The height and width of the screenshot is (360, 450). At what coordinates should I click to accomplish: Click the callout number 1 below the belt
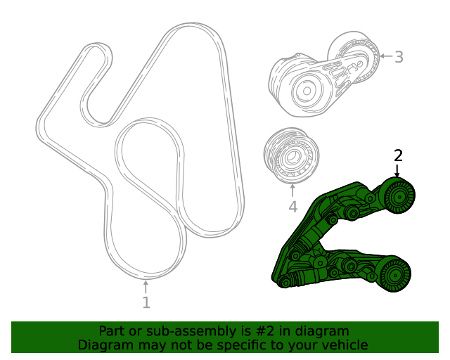click(x=146, y=302)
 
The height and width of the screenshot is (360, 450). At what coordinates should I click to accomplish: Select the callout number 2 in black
click(x=398, y=155)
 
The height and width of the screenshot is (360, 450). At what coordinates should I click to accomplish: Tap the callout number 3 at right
click(x=399, y=57)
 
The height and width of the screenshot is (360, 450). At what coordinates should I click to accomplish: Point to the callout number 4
click(x=292, y=207)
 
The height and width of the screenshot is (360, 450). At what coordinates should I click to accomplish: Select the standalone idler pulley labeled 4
click(x=291, y=157)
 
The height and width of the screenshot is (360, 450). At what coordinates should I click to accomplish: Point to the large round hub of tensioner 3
click(x=306, y=90)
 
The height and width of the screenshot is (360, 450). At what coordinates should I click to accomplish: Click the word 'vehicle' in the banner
click(x=342, y=345)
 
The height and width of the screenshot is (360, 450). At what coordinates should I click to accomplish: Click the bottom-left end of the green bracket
click(x=284, y=282)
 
